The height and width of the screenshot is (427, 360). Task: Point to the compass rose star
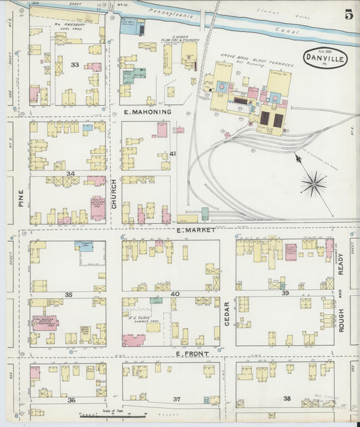click(x=313, y=183)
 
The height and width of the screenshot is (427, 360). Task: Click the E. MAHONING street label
click(x=147, y=111)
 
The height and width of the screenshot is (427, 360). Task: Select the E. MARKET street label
click(x=195, y=230)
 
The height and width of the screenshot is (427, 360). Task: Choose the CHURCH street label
click(x=113, y=192)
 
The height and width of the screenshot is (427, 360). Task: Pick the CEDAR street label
click(x=226, y=313)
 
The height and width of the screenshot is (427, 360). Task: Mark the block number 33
click(x=76, y=65)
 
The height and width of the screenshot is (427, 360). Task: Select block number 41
click(x=173, y=154)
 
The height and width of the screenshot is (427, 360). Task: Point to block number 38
click(x=287, y=399)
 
